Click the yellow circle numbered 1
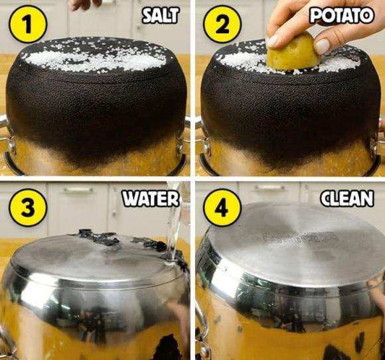coord(27,24)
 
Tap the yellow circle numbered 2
coord(222,24)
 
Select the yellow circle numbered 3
coord(27,208)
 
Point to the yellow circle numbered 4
coord(222,208)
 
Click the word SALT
coord(161,15)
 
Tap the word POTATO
coord(342,15)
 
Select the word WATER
coord(151,198)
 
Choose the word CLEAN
coord(347,198)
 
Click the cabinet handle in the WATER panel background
coord(78,190)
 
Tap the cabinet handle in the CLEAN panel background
coord(269,188)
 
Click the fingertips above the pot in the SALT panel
coord(85,4)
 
